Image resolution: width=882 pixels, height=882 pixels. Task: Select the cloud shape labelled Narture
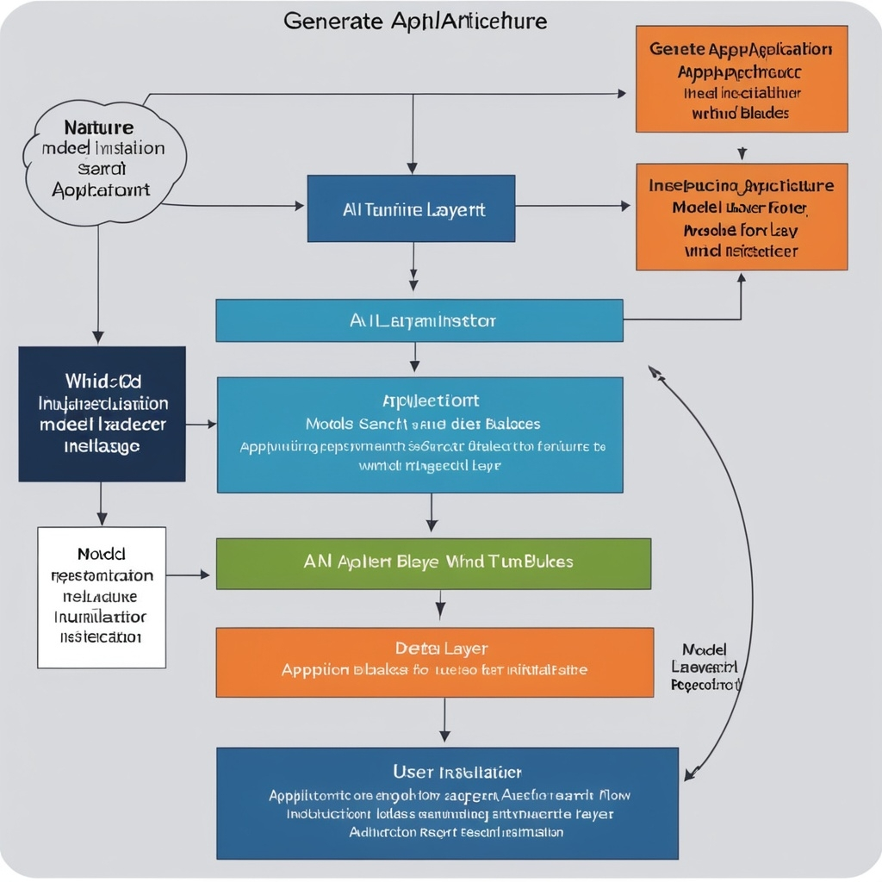click(106, 163)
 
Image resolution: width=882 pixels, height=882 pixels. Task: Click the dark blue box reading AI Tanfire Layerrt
click(411, 208)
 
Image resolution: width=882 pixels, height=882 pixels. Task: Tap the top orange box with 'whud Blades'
click(741, 79)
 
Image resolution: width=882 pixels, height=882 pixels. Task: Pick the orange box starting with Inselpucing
click(741, 217)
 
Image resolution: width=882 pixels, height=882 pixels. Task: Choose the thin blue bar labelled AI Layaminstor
click(419, 320)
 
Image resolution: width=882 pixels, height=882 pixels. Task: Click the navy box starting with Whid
click(102, 413)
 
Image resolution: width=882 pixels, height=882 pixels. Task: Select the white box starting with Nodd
click(102, 597)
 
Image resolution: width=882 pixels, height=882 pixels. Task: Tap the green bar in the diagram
click(433, 563)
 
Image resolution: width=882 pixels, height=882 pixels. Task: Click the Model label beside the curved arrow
click(704, 649)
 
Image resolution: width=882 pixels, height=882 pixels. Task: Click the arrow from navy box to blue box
click(201, 424)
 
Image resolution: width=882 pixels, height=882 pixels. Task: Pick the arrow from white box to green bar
click(188, 575)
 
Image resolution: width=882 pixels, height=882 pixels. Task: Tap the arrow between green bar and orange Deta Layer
click(440, 605)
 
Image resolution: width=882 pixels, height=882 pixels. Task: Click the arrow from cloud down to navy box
click(98, 284)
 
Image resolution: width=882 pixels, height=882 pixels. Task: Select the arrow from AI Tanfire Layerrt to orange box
click(573, 206)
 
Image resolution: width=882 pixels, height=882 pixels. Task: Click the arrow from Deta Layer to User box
click(444, 720)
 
